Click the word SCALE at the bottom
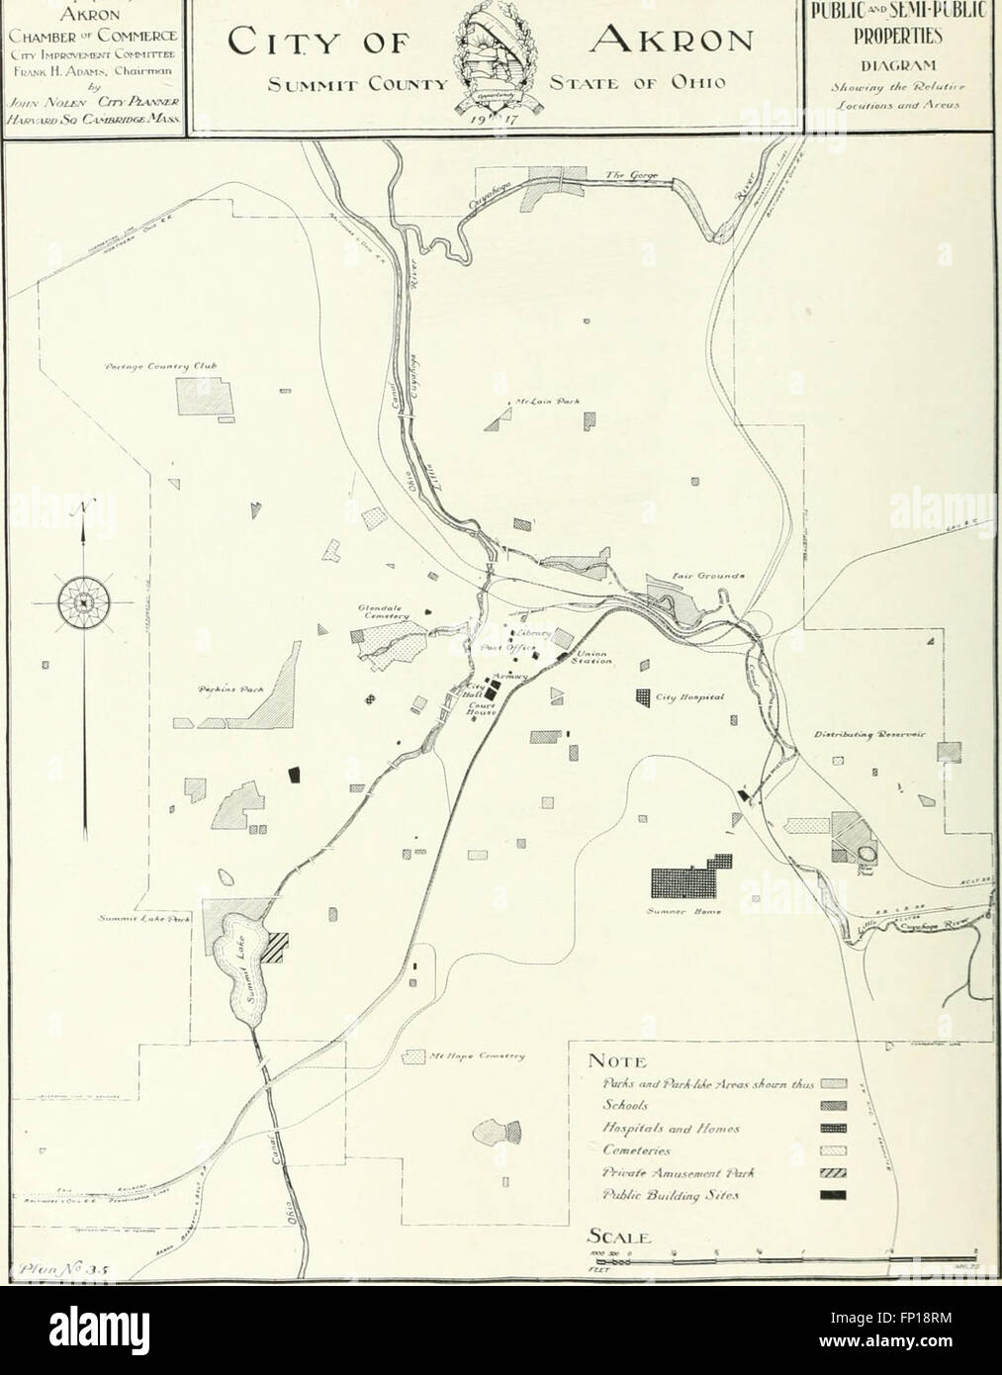(619, 1237)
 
